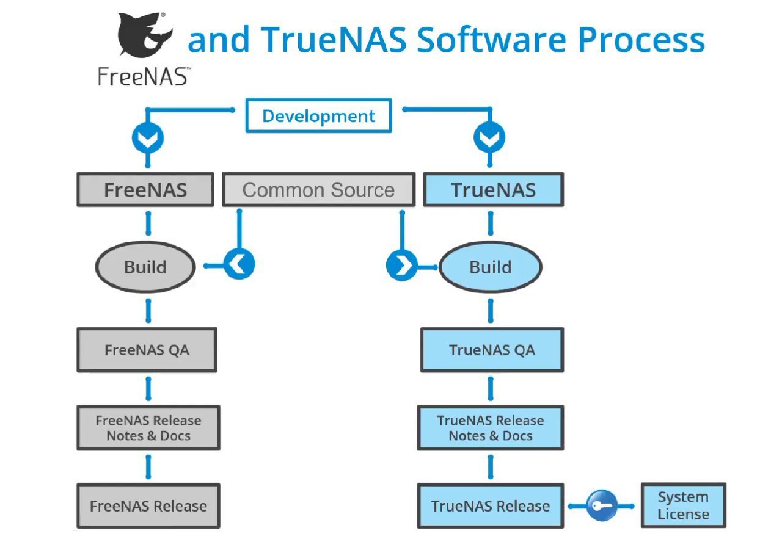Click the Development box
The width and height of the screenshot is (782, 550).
click(x=318, y=116)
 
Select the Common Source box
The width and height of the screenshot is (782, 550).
click(x=319, y=189)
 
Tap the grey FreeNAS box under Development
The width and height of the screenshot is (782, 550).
click(x=145, y=189)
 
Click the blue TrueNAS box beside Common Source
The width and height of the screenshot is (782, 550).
click(x=493, y=189)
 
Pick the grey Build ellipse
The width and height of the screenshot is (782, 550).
click(x=145, y=267)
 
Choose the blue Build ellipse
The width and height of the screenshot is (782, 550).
click(x=491, y=267)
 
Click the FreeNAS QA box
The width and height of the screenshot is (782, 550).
click(x=147, y=350)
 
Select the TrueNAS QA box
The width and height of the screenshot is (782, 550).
click(x=492, y=350)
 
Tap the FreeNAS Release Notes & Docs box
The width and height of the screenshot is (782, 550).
click(x=148, y=428)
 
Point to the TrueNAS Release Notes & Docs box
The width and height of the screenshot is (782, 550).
click(x=491, y=428)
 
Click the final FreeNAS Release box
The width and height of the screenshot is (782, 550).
click(x=148, y=505)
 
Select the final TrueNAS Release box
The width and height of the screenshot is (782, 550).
click(x=491, y=505)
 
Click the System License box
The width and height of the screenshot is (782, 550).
click(x=684, y=505)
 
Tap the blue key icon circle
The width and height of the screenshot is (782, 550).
click(x=602, y=505)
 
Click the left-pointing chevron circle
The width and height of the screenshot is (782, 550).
click(x=239, y=264)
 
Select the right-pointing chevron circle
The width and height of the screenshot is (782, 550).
click(x=402, y=266)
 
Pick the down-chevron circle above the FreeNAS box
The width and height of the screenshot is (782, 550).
click(x=148, y=138)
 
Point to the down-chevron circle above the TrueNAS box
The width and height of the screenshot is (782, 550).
click(x=489, y=137)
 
